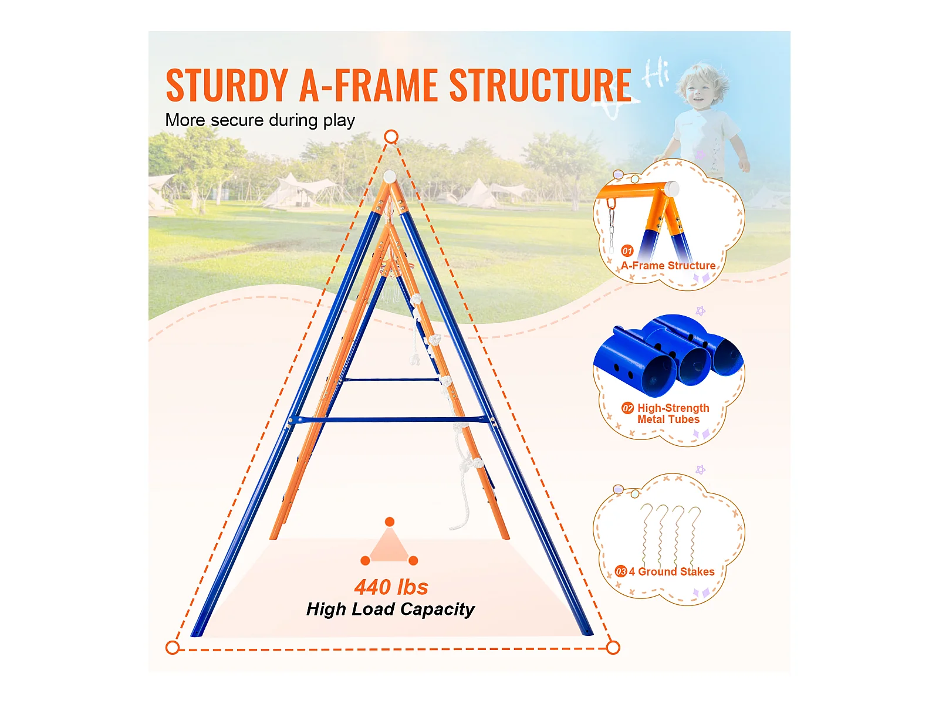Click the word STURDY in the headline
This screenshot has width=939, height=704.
(227, 86)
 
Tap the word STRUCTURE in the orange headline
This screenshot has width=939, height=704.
(540, 86)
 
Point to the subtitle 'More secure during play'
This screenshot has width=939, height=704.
(260, 120)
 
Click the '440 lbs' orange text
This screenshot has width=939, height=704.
(391, 587)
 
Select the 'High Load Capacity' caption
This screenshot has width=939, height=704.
(390, 610)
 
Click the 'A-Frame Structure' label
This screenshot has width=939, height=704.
(668, 266)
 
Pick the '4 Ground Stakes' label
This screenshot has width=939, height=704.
(671, 572)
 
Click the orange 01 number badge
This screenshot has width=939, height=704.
(627, 251)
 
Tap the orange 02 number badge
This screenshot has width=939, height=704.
(628, 408)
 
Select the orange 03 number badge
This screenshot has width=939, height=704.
(621, 572)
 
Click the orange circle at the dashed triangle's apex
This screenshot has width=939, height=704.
(391, 137)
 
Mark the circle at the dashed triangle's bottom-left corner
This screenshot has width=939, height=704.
(173, 648)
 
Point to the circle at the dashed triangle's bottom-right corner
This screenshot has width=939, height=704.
(613, 648)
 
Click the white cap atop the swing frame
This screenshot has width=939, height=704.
(390, 176)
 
